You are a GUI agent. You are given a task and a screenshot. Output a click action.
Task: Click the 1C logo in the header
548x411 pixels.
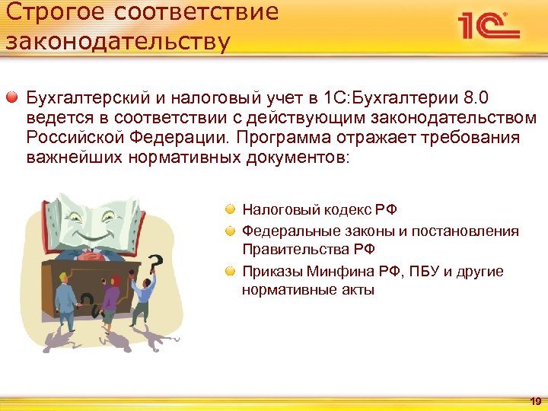pos(488,25)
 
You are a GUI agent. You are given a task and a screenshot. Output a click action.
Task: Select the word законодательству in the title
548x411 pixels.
pos(116,41)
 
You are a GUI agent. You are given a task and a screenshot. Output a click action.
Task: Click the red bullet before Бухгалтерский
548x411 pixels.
pos(12,99)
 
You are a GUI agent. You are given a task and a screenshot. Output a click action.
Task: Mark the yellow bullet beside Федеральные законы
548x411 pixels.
pos(229,231)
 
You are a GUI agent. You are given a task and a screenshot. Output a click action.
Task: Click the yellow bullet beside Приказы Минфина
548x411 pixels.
pos(229,271)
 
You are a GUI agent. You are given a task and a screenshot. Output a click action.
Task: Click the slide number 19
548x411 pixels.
pos(535,401)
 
